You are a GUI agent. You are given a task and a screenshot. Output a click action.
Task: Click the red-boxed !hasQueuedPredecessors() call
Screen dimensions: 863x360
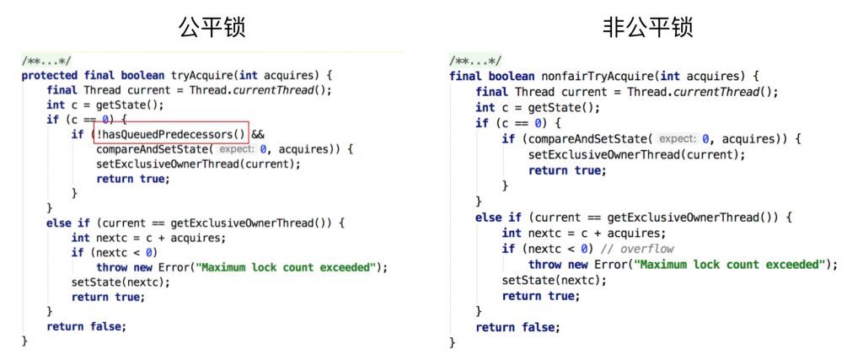click(171, 134)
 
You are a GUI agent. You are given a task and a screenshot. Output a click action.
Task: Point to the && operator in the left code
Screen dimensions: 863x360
click(259, 134)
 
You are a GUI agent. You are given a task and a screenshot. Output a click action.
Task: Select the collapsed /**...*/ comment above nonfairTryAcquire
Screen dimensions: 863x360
click(475, 61)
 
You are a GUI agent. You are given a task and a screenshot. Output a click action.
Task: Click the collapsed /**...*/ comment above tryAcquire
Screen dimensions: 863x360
click(47, 61)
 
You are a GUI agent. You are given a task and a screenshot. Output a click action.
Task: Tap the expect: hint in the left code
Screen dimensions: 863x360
click(237, 149)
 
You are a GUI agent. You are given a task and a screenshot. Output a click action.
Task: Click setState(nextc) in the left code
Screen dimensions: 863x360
click(119, 282)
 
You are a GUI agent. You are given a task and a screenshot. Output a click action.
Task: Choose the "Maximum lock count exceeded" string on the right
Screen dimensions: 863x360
click(729, 265)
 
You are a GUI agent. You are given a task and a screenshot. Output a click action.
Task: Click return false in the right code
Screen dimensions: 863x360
click(517, 327)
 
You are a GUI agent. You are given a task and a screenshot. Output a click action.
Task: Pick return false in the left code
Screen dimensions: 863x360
click(87, 326)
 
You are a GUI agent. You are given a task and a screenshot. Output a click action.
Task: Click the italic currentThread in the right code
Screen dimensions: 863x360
click(726, 92)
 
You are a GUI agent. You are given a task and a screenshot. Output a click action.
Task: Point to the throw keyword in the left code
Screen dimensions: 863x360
click(112, 267)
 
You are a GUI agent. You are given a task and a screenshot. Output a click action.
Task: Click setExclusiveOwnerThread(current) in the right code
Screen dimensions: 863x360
click(633, 154)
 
